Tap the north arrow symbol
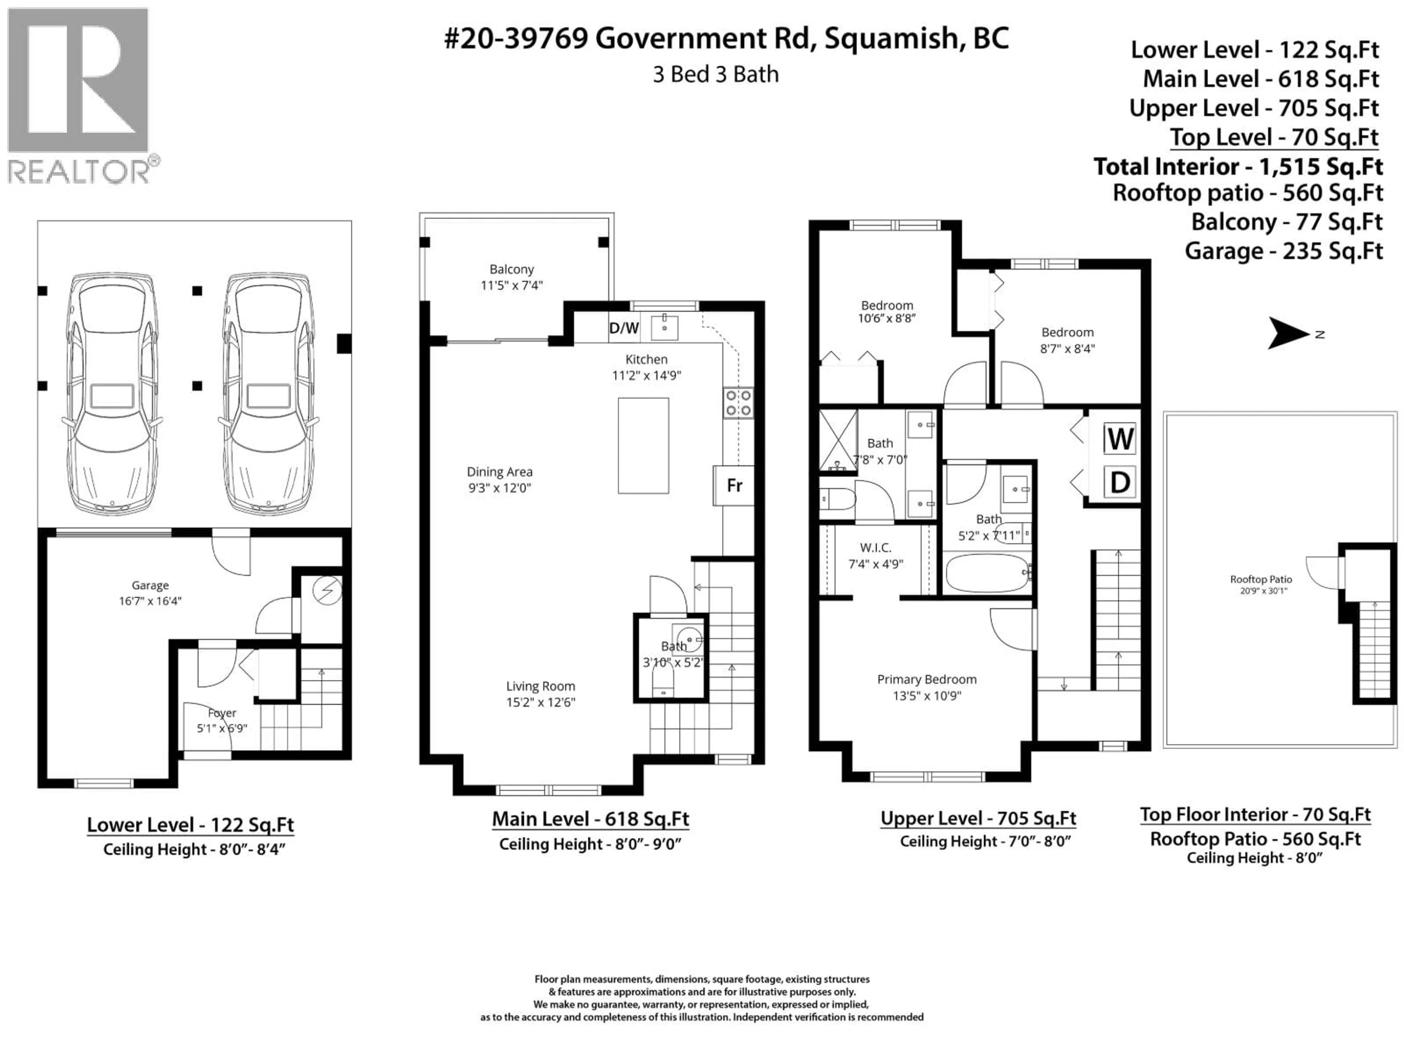click(x=1288, y=334)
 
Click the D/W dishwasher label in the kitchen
click(x=623, y=328)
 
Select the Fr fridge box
click(x=735, y=486)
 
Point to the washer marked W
click(x=1120, y=439)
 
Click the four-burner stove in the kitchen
click(x=739, y=403)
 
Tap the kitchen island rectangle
click(x=643, y=446)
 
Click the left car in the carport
click(x=112, y=393)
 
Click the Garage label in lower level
click(x=150, y=585)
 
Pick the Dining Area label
click(x=499, y=472)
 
